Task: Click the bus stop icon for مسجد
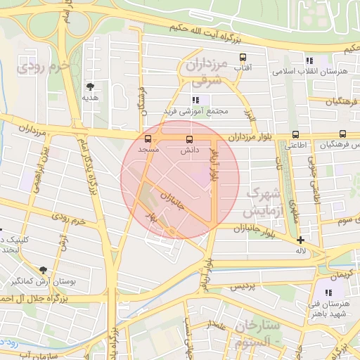tap(148, 139)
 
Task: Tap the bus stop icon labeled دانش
tap(188, 139)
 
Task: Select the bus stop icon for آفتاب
tap(243, 57)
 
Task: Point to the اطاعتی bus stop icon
tap(295, 134)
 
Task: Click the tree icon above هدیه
tap(90, 86)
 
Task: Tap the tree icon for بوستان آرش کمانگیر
tap(43, 270)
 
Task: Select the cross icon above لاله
tap(300, 240)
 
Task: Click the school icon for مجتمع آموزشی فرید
tap(195, 100)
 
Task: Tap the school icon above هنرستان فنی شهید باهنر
tap(328, 292)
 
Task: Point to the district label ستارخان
tap(258, 326)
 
